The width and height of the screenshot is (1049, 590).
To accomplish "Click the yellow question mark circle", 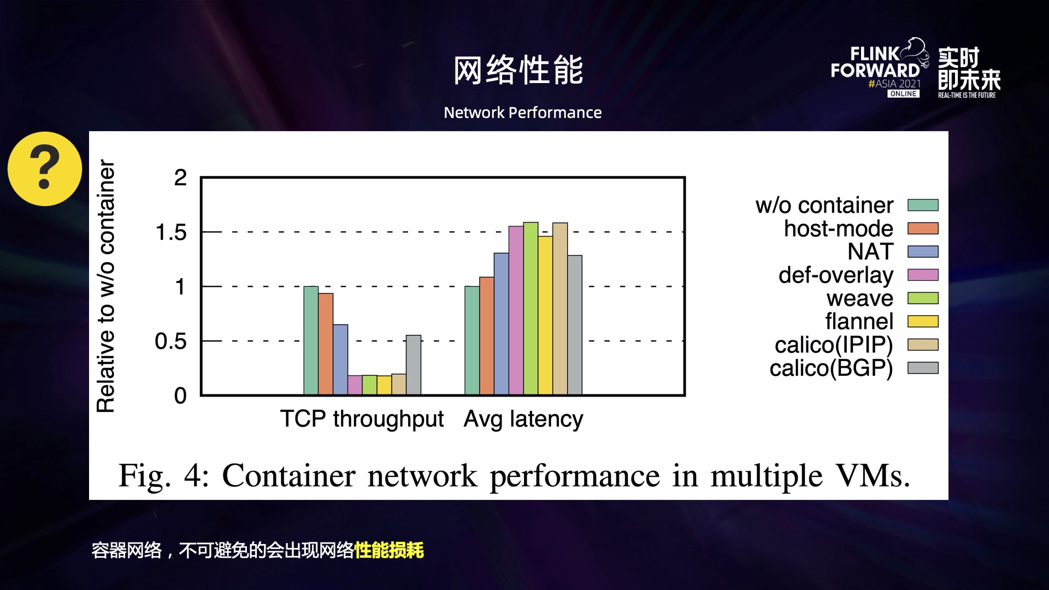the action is (45, 169).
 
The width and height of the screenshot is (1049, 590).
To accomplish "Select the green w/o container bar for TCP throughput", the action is (311, 340).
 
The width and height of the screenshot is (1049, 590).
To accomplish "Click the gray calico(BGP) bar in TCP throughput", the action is (414, 365).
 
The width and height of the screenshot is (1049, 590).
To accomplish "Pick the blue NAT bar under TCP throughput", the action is (340, 359).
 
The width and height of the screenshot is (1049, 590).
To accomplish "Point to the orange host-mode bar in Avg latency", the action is (487, 336).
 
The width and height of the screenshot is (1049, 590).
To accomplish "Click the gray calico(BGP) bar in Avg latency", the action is (575, 325).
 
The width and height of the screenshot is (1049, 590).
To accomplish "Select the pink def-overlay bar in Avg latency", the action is (516, 310).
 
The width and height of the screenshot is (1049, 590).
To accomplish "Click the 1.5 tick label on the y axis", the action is (171, 232).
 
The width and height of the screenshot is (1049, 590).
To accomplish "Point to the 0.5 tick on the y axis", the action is (171, 341).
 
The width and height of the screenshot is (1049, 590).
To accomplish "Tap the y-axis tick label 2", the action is (180, 178).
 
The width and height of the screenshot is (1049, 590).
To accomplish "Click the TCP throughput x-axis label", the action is (362, 419).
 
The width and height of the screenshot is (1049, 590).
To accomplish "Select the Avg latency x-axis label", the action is (523, 419).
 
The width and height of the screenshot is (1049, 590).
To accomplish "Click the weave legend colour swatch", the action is (923, 298).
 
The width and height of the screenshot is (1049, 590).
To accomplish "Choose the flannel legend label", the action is (859, 321).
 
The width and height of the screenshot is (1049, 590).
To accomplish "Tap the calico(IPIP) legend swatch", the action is (923, 345).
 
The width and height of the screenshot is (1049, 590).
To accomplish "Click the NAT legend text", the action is (870, 252).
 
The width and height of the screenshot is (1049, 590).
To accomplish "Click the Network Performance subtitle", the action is (522, 113).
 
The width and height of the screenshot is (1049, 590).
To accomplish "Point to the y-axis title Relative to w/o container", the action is (105, 286).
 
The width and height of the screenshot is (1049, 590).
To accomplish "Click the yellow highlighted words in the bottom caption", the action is (389, 550).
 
